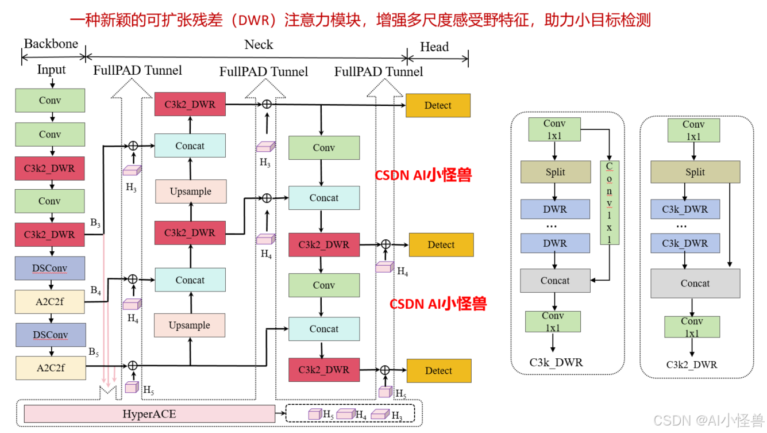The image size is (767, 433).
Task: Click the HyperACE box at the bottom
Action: pos(149,413)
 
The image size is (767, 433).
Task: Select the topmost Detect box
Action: pos(438,105)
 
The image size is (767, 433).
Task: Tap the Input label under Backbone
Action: pos(52,70)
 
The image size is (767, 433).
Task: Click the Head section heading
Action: pos(434,47)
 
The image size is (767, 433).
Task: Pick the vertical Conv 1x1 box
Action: pos(610,202)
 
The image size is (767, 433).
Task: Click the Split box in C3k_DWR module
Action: pos(556,172)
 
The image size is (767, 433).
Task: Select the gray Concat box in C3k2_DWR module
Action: pos(695,283)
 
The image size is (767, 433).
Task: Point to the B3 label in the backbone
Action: pos(95,222)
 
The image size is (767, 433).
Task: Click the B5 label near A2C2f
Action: pos(94,352)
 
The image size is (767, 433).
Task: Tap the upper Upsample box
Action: pos(191,191)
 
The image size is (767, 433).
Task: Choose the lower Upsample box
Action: pos(190,325)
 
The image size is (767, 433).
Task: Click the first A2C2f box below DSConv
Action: pos(50,301)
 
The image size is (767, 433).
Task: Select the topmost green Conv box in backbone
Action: pos(50,101)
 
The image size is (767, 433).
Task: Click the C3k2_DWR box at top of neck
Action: pos(190,105)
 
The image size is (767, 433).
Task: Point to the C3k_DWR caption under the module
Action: pos(556,362)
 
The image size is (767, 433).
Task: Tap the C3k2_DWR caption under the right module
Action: pos(692,364)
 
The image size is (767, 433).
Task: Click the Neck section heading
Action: pos(259,45)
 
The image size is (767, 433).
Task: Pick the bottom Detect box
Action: pos(438,371)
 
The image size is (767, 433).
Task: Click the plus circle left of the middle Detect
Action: pos(386,245)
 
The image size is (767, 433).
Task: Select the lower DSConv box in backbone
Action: pos(50,335)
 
